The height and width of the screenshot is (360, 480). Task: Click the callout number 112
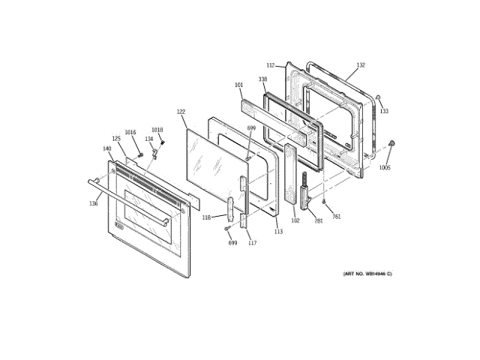coord(271,65)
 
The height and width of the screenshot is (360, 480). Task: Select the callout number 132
coord(361,65)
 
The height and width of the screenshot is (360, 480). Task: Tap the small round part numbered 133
coord(380,98)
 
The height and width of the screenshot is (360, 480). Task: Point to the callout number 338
coord(263,79)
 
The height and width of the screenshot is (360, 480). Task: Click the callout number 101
coord(238,85)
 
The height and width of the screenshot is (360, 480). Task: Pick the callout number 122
coord(181,112)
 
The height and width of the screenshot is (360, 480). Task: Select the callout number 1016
coord(130,133)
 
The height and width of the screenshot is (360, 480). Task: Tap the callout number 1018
coord(157,130)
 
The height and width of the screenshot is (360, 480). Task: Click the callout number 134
coord(148,139)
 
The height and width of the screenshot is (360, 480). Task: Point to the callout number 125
coord(116,139)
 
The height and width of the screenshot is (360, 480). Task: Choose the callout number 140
coord(107,148)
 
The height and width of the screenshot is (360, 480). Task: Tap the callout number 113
coord(278,232)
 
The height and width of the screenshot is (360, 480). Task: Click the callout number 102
coord(295,220)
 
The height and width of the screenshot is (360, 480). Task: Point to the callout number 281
coord(318,220)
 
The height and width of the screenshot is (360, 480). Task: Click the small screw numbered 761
coord(323,202)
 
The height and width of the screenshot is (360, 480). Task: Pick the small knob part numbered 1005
coord(392,143)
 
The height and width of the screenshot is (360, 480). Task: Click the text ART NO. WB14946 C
coord(367,274)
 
